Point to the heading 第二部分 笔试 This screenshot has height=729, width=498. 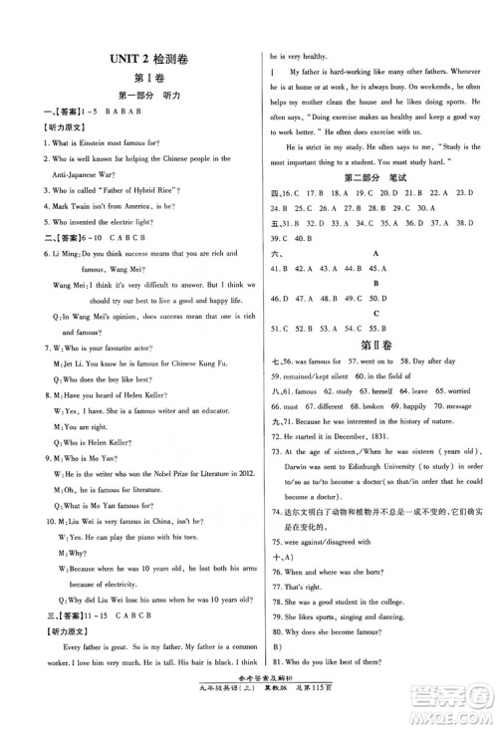point(373,177)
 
